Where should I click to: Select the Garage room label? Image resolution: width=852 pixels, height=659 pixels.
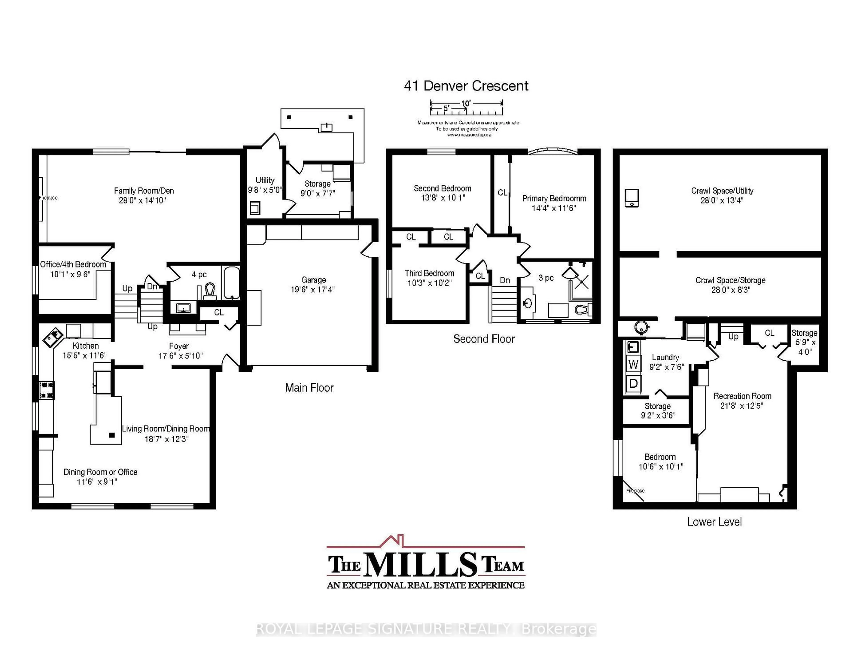point(313,280)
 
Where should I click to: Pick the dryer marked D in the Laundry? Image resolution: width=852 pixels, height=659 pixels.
point(633,384)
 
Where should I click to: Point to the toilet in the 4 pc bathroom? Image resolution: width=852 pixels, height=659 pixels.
point(210,291)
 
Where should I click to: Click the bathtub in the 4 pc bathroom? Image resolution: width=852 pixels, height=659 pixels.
point(232,283)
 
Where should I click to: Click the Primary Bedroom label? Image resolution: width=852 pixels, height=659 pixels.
point(554,198)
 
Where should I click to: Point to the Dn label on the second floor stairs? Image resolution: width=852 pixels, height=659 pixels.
point(505,280)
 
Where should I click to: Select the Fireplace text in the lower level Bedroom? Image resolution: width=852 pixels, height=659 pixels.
point(635,491)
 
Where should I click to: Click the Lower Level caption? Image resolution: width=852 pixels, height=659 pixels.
point(714,522)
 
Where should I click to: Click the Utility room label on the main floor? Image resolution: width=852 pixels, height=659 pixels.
point(265,180)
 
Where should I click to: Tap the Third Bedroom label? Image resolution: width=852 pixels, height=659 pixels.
point(430,273)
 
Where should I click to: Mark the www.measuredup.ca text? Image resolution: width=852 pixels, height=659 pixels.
point(469,135)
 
